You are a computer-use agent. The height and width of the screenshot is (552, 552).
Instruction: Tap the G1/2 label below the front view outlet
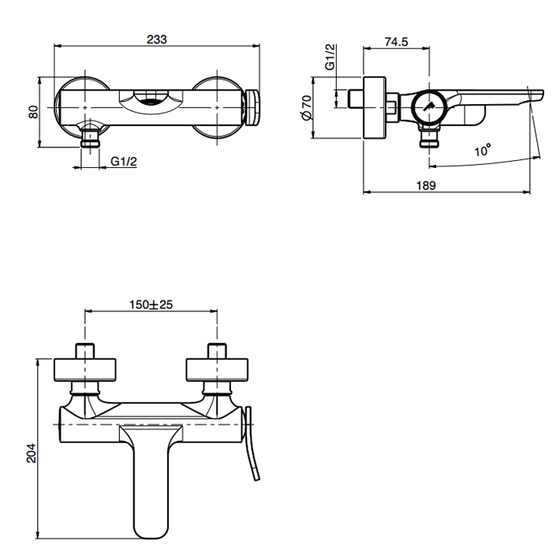point(124,162)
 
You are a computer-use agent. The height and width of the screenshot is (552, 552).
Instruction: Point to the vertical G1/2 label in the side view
point(331,57)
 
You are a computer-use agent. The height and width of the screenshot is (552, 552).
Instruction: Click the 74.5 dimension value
point(396,43)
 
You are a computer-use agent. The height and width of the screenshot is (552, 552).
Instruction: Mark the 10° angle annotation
point(483,149)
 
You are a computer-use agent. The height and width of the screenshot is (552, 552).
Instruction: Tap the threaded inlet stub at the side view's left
point(357,99)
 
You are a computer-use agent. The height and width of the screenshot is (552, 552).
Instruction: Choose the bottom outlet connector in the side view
point(429,140)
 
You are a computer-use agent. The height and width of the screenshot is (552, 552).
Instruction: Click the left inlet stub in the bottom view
point(84,350)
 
